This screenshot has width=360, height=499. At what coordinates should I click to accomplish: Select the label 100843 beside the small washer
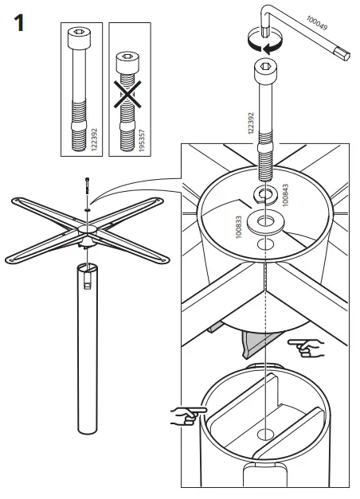(x=286, y=194)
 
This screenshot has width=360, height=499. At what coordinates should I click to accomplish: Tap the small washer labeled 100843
(x=263, y=193)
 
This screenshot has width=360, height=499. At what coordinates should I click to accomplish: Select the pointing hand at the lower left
(x=188, y=415)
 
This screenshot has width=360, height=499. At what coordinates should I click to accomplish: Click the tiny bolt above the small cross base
(x=85, y=187)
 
